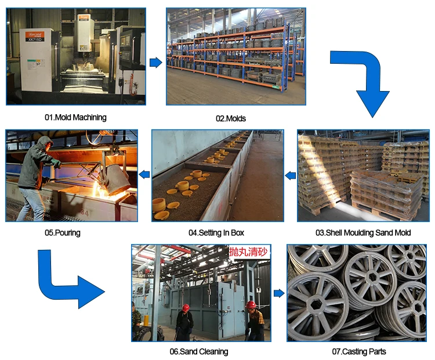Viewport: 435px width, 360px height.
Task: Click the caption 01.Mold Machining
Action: point(75,117)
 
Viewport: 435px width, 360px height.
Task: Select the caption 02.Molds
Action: point(230,118)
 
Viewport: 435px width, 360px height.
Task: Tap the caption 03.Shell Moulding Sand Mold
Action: point(362,232)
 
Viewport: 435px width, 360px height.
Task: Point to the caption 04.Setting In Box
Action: point(216,232)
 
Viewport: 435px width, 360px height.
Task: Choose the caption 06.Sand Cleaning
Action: point(198,351)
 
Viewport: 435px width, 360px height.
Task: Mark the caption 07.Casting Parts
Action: point(359,351)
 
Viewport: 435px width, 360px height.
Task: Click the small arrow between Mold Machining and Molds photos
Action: point(155,63)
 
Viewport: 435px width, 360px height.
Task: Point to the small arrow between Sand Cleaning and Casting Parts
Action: point(279,293)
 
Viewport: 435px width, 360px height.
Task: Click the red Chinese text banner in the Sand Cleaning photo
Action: point(248,253)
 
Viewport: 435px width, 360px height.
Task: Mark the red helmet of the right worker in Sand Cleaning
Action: point(251,305)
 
